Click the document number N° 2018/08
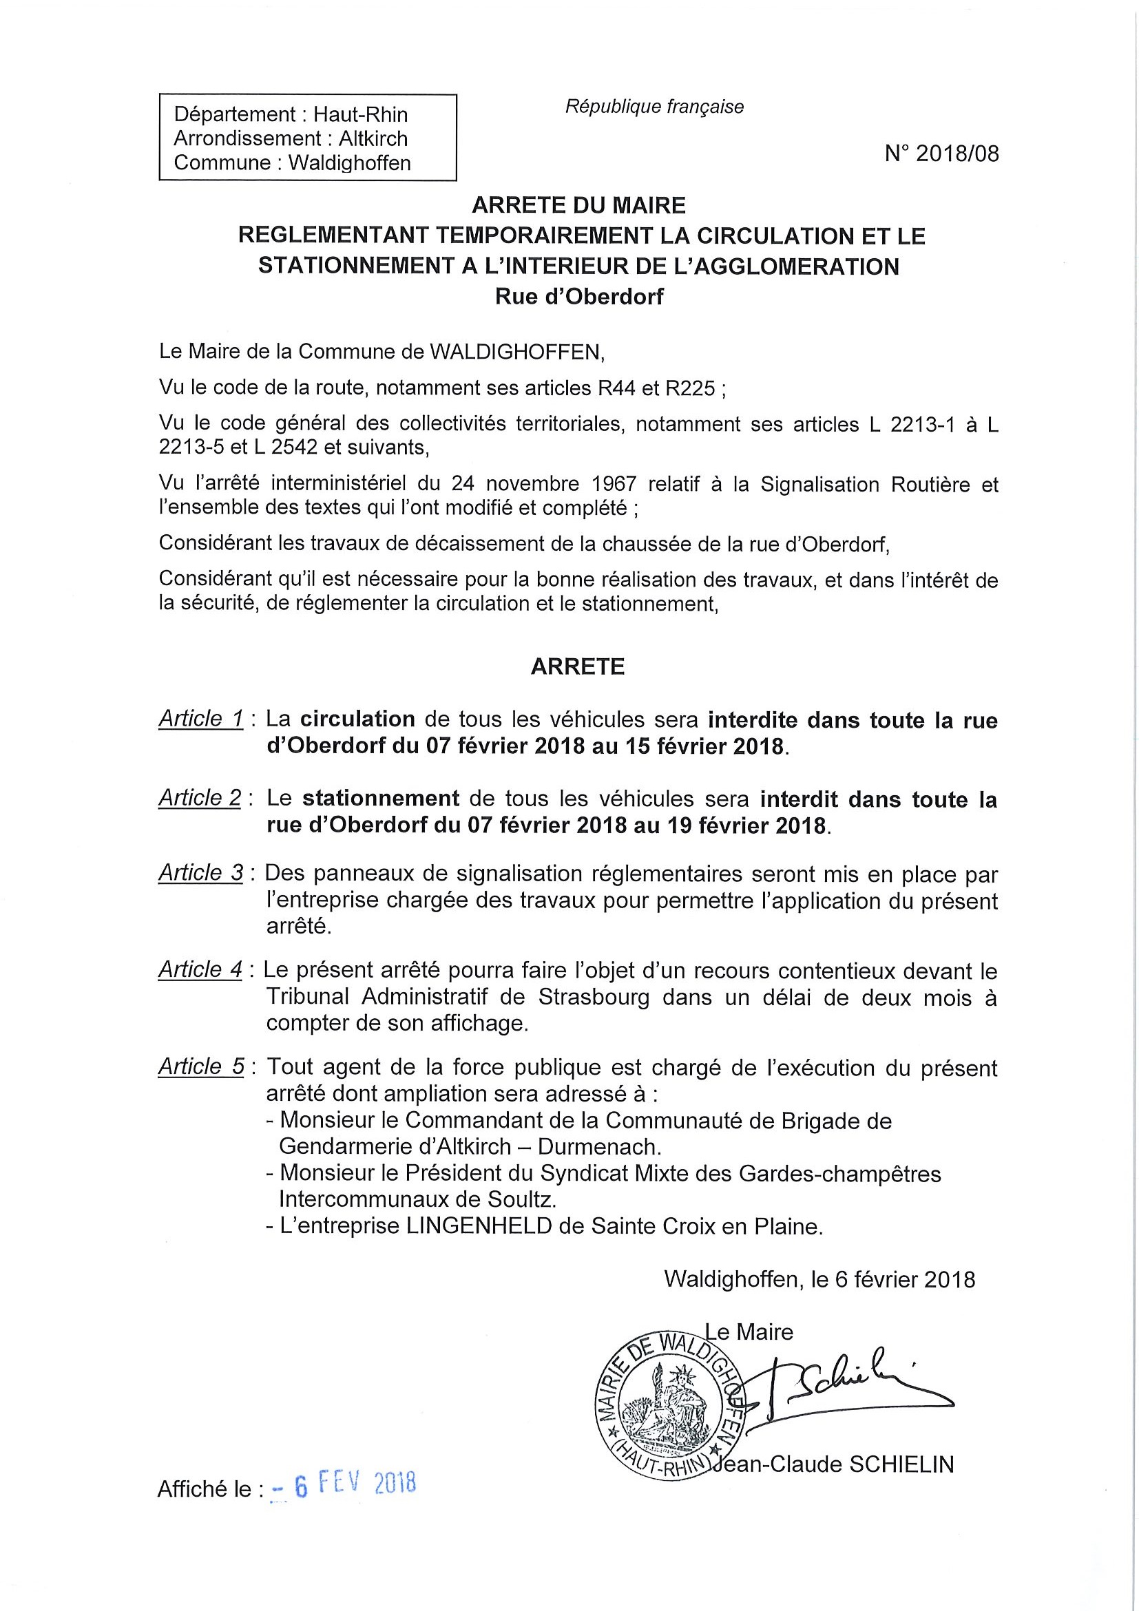[941, 154]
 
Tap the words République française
[654, 107]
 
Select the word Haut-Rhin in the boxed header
[360, 114]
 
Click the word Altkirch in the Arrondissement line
[373, 138]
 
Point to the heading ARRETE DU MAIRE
[578, 205]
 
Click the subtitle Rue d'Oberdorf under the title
[579, 297]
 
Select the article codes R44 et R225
[651, 388]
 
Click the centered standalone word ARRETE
[577, 666]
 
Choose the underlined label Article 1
[200, 719]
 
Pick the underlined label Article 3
[200, 874]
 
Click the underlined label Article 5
[201, 1067]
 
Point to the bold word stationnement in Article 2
[381, 799]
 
